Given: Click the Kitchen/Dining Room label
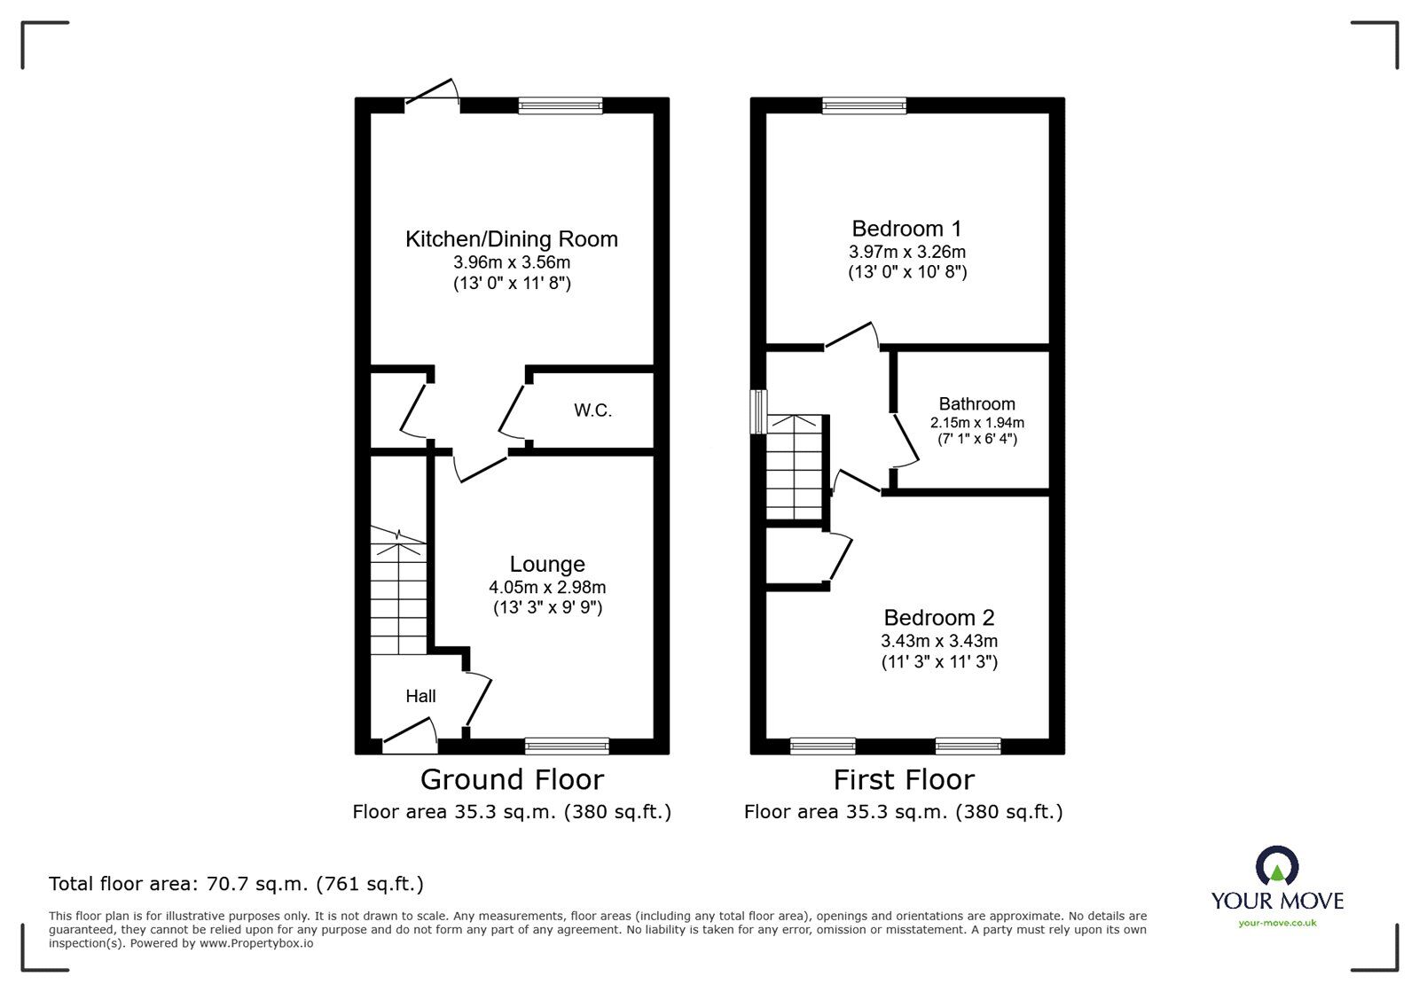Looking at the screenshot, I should pyautogui.click(x=511, y=238).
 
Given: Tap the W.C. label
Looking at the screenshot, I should pyautogui.click(x=592, y=410).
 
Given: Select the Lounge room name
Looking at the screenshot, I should pyautogui.click(x=547, y=564).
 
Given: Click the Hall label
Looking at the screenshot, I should pyautogui.click(x=420, y=696).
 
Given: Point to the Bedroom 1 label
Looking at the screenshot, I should pyautogui.click(x=906, y=228).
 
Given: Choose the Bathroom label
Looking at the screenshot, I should pyautogui.click(x=976, y=403).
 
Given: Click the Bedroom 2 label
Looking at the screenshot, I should pyautogui.click(x=938, y=617).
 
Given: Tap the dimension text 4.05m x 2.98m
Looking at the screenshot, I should pyautogui.click(x=547, y=587).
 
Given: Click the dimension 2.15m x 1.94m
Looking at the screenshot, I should pyautogui.click(x=976, y=423).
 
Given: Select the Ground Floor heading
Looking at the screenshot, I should pyautogui.click(x=512, y=779).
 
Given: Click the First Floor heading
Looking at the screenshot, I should pyautogui.click(x=904, y=779).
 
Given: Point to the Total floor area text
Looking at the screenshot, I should pyautogui.click(x=236, y=884).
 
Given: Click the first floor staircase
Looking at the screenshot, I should pyautogui.click(x=795, y=467).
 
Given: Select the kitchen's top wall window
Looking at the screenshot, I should pyautogui.click(x=561, y=105).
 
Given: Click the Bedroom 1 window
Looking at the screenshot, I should pyautogui.click(x=864, y=105).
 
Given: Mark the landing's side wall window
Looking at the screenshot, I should pyautogui.click(x=758, y=411).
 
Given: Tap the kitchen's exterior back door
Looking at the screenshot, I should pyautogui.click(x=433, y=96).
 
